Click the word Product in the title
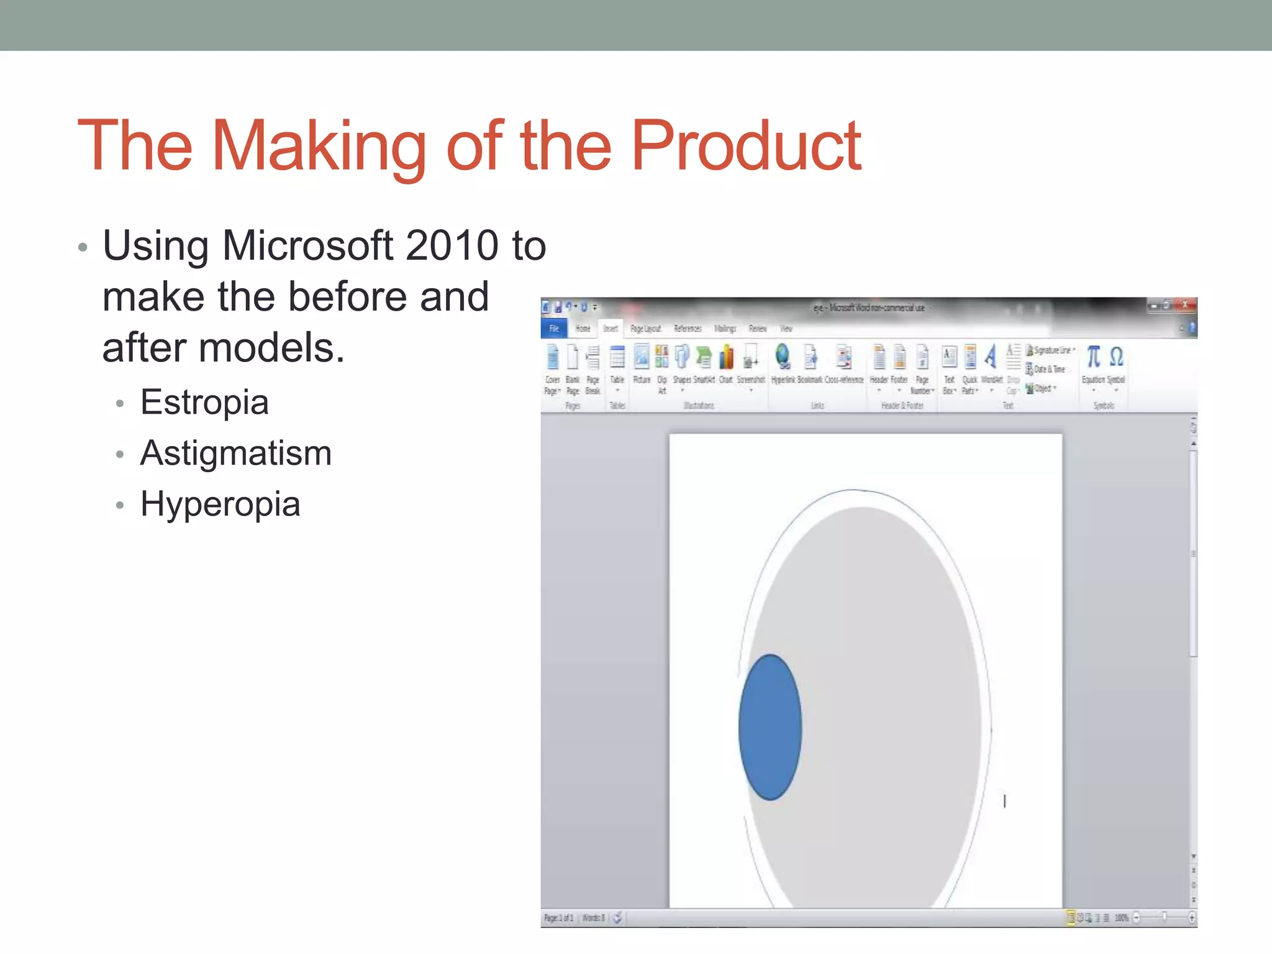coord(745,147)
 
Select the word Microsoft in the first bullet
coord(308,245)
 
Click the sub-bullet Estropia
coord(204,402)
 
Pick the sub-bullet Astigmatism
coord(236,453)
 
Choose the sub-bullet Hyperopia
coord(220,504)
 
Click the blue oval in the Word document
coord(770,727)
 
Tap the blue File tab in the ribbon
coord(553,329)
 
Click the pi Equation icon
coord(1093,358)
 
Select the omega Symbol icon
coord(1116,358)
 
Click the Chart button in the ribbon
coord(726,360)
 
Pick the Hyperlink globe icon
coord(783,358)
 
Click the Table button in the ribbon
coord(617,360)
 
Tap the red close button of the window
coord(1186,305)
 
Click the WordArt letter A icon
coord(991,358)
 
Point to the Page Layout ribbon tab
coord(645,329)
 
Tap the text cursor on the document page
coord(1004,801)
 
